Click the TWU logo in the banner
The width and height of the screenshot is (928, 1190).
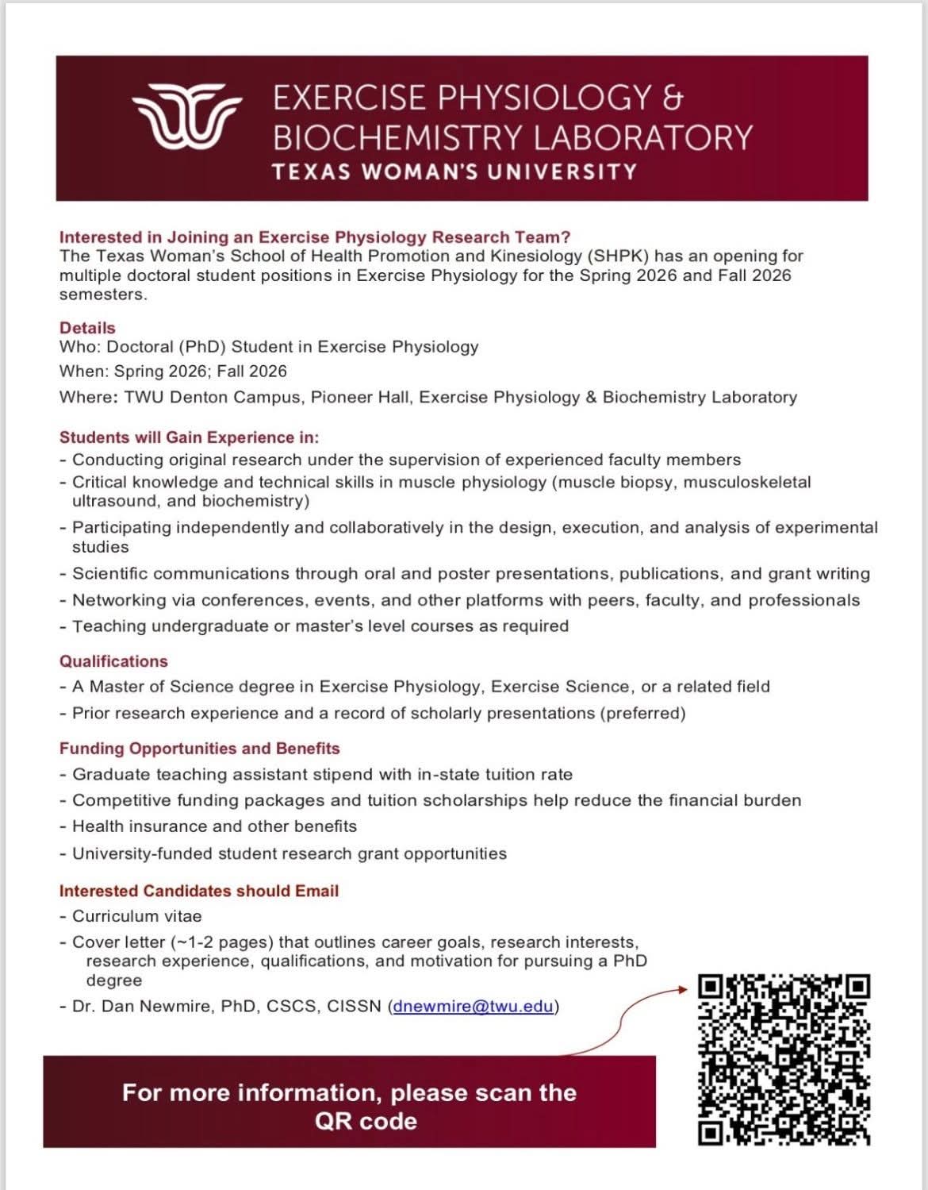187,116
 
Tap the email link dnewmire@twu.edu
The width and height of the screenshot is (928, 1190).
474,1007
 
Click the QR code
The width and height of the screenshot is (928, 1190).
784,1060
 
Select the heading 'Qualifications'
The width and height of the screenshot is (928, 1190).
113,661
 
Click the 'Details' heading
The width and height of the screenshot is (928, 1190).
87,328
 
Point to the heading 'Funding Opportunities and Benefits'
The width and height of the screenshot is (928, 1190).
199,749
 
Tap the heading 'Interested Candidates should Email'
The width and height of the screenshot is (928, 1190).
199,891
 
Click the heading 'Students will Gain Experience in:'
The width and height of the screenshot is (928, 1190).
189,437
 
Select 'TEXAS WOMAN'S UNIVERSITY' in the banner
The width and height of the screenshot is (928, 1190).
454,172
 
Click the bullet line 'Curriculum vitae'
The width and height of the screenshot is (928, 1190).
136,916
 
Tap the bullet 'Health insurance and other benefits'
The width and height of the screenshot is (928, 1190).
214,826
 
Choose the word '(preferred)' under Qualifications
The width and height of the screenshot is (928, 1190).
643,713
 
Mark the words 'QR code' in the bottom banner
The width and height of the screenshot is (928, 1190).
366,1121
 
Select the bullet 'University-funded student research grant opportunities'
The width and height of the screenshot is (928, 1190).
289,854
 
